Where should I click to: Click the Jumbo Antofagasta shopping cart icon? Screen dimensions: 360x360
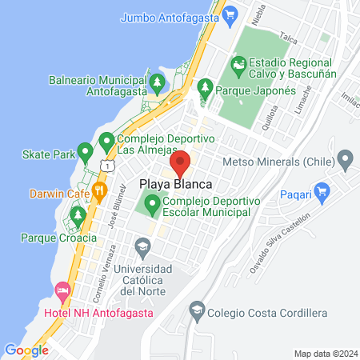click(230, 14)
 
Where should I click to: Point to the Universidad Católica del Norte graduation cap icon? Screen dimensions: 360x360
click(143, 244)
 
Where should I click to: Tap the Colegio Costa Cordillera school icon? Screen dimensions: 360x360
click(197, 309)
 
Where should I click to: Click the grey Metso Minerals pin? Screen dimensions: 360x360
click(346, 158)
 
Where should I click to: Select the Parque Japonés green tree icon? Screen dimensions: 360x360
click(205, 85)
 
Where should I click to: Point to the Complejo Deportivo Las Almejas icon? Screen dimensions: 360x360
click(106, 143)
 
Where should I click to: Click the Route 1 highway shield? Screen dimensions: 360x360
click(106, 165)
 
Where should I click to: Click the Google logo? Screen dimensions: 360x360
click(26, 350)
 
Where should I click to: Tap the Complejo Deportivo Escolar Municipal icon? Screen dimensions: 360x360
click(153, 206)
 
